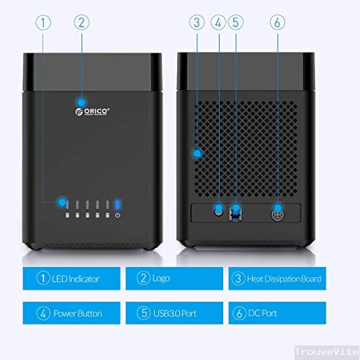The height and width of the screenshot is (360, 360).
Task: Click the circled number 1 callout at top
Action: [x=43, y=23]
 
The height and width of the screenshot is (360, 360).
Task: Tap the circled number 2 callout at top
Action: [x=81, y=22]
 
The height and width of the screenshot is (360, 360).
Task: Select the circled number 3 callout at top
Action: [x=197, y=22]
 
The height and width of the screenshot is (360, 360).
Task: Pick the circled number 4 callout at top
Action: [x=218, y=22]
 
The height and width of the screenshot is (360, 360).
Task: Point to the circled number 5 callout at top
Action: [x=235, y=22]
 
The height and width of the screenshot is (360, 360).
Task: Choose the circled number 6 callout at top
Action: [x=277, y=22]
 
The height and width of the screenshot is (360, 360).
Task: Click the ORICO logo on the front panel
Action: [x=92, y=112]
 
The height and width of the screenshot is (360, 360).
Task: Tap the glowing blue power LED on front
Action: [x=117, y=204]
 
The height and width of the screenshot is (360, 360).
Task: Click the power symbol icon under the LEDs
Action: [x=117, y=215]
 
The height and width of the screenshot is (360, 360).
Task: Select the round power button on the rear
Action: [x=218, y=212]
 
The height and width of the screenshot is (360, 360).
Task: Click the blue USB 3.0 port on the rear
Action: [x=235, y=213]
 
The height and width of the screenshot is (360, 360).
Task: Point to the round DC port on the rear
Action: [x=278, y=215]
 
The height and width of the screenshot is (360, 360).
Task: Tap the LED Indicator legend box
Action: [x=71, y=279]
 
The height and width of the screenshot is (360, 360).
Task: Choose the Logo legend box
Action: [x=174, y=279]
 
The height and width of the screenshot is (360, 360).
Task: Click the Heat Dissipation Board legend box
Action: [x=277, y=279]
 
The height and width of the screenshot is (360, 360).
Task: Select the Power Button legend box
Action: [x=71, y=313]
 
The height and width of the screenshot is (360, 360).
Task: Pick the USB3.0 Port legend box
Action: [x=174, y=313]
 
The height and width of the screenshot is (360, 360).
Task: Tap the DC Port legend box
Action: [x=277, y=313]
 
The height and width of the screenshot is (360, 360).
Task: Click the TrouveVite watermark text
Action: [x=327, y=351]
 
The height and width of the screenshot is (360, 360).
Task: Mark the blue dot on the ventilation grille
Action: [x=197, y=153]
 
